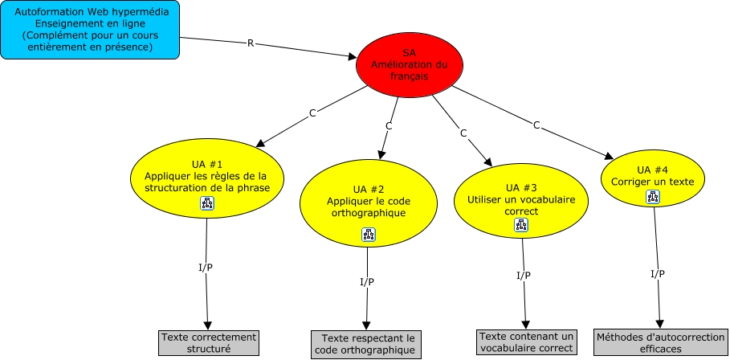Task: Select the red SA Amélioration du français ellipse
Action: tap(415, 63)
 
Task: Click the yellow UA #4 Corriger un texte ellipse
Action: tap(653, 178)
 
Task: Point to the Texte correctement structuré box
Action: tap(208, 342)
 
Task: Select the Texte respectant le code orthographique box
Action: tap(365, 344)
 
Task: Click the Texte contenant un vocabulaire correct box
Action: tap(527, 342)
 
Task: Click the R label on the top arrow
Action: tap(251, 43)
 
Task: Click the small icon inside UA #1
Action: tap(207, 204)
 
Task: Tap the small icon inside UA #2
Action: tap(368, 235)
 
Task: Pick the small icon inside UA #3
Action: tap(520, 226)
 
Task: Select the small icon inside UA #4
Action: tap(652, 197)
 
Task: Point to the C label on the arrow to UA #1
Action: tap(312, 114)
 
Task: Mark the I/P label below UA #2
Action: tap(366, 281)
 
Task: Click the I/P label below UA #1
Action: tap(206, 267)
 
